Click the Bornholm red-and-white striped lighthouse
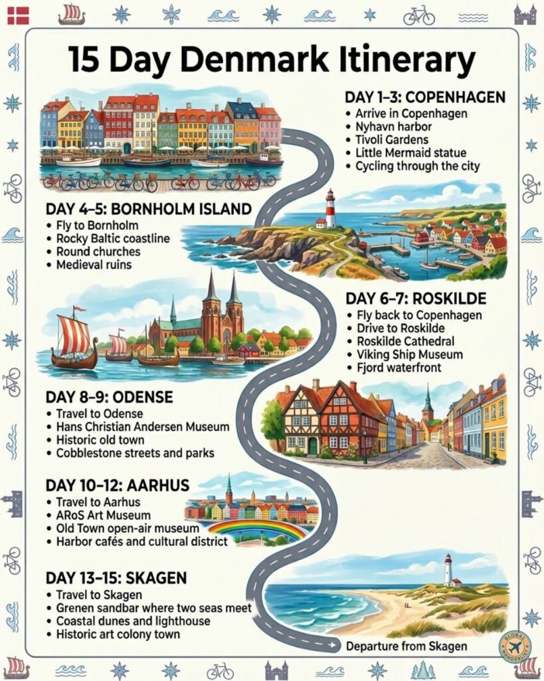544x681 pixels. [x=330, y=208]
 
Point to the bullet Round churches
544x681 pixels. [x=98, y=252]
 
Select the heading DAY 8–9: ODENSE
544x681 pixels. [x=109, y=397]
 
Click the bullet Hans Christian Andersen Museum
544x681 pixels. [x=143, y=426]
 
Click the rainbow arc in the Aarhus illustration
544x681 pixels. [x=256, y=527]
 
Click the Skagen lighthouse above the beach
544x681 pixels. [x=448, y=570]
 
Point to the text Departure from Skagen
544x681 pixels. [x=405, y=646]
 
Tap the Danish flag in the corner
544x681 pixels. [x=18, y=15]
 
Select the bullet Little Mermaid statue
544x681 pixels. [x=414, y=153]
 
